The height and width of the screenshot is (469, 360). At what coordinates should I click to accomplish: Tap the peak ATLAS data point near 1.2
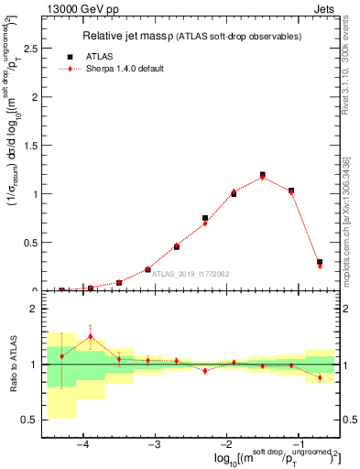click(263, 174)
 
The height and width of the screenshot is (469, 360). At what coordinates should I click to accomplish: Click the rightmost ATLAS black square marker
click(320, 262)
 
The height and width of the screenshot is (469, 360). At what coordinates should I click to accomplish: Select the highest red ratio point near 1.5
click(91, 336)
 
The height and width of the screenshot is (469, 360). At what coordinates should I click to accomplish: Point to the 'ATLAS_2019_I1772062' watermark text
click(190, 273)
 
